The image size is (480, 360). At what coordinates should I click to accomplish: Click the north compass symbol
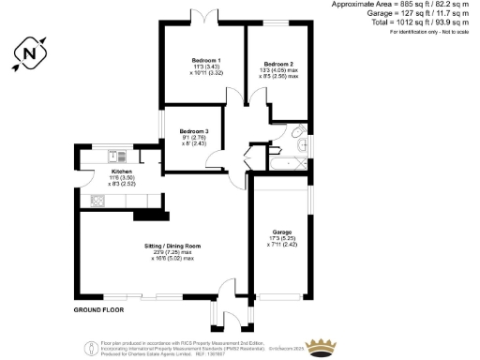pyautogui.click(x=29, y=54)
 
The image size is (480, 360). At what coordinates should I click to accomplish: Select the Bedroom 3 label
pyautogui.click(x=192, y=130)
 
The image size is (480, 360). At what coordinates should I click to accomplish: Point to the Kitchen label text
pyautogui.click(x=123, y=172)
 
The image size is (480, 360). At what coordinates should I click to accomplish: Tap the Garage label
pyautogui.click(x=282, y=232)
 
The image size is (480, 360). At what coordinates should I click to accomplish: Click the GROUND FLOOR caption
pyautogui.click(x=98, y=308)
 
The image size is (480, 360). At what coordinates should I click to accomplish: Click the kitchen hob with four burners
pyautogui.click(x=96, y=200)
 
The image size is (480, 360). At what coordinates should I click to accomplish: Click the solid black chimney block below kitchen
pyautogui.click(x=147, y=216)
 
